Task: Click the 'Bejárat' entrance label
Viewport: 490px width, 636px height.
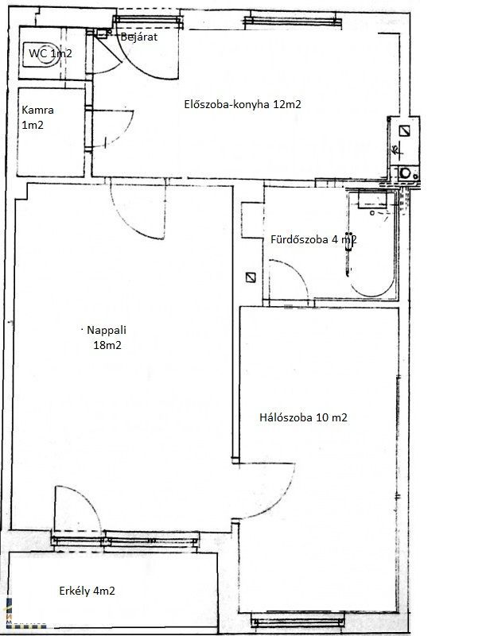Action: (x=139, y=37)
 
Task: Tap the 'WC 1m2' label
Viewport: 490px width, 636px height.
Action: (x=50, y=53)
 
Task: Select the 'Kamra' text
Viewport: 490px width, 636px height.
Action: (x=37, y=110)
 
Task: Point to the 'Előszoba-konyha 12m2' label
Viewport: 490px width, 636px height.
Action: (x=243, y=104)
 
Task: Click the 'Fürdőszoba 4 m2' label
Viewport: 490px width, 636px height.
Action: (x=313, y=239)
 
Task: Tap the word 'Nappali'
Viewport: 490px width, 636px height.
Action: (x=107, y=330)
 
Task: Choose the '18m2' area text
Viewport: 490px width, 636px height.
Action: (x=107, y=345)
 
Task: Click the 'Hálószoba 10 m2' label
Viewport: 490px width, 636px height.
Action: (x=303, y=417)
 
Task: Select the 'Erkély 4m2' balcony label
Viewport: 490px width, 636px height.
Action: (x=87, y=591)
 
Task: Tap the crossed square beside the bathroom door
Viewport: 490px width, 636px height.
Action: (x=251, y=277)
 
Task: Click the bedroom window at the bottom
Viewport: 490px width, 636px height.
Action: (x=297, y=620)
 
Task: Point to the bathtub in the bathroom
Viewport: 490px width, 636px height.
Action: (x=371, y=244)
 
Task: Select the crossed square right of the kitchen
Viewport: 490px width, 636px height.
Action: (x=404, y=130)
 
